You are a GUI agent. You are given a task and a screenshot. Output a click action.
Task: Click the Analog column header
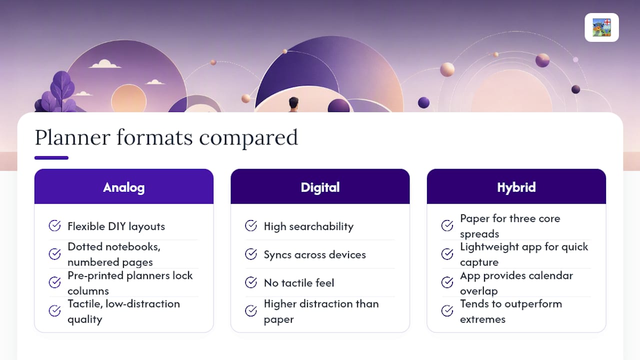123,187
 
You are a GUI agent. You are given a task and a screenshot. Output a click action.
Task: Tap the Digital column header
320,187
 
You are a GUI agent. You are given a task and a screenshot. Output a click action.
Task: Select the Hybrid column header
516,187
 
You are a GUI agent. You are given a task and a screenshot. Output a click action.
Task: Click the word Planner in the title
72,137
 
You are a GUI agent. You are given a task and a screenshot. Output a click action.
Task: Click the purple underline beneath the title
51,157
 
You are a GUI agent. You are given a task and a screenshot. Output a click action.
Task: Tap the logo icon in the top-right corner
601,27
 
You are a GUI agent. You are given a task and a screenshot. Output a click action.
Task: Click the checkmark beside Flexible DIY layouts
54,225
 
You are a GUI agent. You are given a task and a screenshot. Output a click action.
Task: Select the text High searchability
308,226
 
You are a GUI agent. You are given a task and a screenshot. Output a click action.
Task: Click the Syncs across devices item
314,254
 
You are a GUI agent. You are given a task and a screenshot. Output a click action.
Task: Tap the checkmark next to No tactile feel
251,282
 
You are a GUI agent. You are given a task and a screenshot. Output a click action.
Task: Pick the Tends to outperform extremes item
511,311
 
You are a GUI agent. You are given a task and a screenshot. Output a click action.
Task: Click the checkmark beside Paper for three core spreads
447,225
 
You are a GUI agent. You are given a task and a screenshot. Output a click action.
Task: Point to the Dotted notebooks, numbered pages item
113,254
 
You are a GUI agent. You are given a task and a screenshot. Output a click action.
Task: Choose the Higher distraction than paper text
321,311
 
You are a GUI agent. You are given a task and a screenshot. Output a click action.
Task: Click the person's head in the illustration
293,102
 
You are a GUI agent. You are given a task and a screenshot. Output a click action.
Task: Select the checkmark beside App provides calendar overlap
447,282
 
